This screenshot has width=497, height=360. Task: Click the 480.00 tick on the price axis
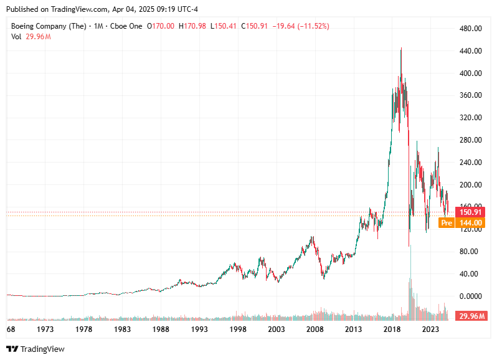(x=470, y=29)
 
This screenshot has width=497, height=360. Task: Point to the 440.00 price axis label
(x=470, y=51)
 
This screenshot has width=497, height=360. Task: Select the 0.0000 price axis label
(x=470, y=296)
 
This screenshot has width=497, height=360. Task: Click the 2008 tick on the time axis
(x=315, y=329)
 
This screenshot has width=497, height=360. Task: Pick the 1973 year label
(x=45, y=329)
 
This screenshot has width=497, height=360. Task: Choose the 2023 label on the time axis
(x=430, y=329)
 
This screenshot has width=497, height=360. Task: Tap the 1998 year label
(x=238, y=329)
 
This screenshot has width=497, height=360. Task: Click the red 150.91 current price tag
(x=470, y=212)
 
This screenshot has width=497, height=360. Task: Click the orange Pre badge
(x=446, y=222)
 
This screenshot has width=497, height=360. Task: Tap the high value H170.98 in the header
(x=193, y=26)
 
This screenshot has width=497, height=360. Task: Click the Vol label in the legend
(x=16, y=37)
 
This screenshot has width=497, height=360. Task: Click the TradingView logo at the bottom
(x=35, y=349)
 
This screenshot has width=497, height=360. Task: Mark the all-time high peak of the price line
(x=401, y=49)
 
